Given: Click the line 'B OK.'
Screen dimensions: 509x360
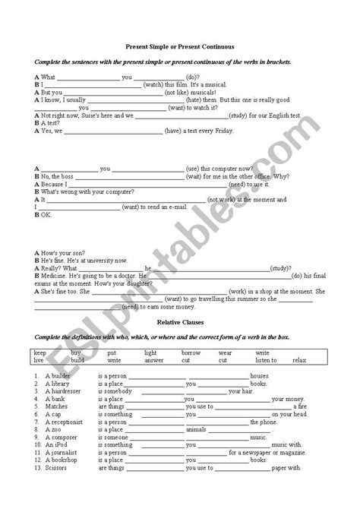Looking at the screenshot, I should (43, 215).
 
